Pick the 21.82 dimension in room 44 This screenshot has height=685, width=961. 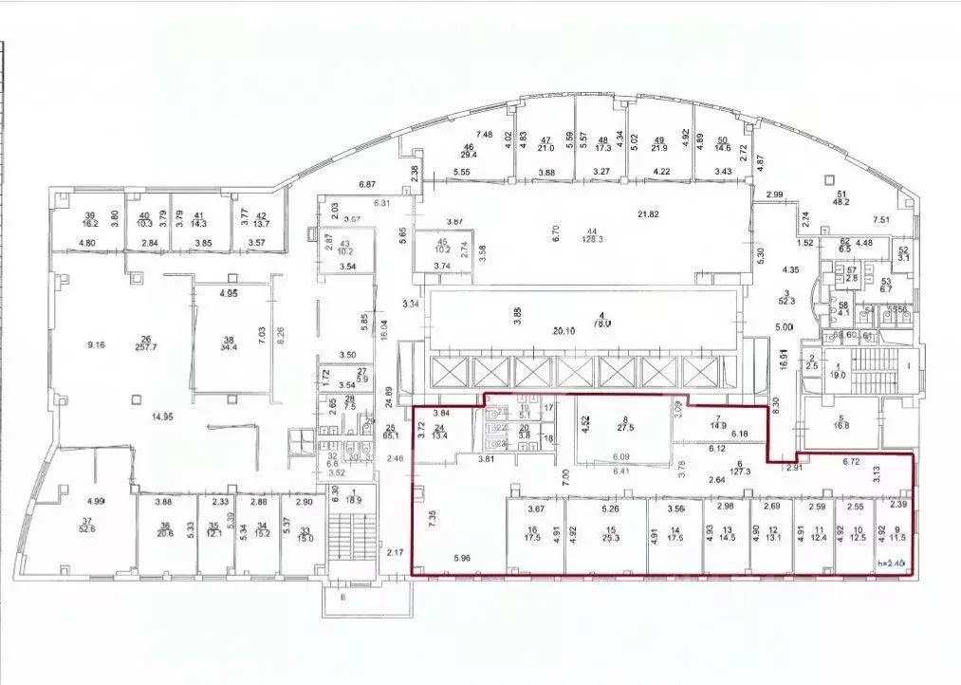[x=647, y=215]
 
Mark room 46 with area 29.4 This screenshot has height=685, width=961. [x=468, y=152]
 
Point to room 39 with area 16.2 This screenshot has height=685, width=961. [x=90, y=221]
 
